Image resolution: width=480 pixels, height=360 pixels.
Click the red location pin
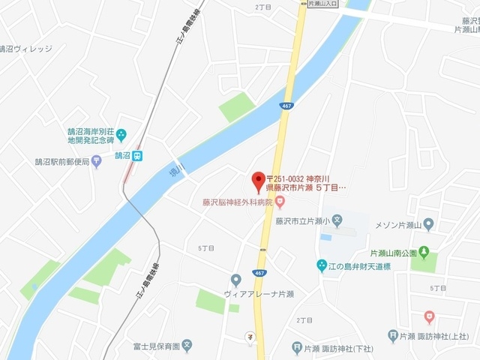pos(258,180)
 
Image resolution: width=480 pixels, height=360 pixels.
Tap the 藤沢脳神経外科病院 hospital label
pos(237,202)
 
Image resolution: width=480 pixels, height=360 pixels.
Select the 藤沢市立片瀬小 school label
pos(302,222)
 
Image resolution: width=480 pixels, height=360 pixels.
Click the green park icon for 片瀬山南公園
pos(424,251)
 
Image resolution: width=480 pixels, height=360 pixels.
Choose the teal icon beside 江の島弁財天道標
pos(322,265)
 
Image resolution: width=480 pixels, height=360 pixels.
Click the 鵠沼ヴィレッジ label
pos(27,49)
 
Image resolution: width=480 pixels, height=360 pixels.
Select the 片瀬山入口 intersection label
pos(323,4)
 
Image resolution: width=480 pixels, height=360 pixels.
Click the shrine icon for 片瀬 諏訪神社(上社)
pos(393,336)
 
